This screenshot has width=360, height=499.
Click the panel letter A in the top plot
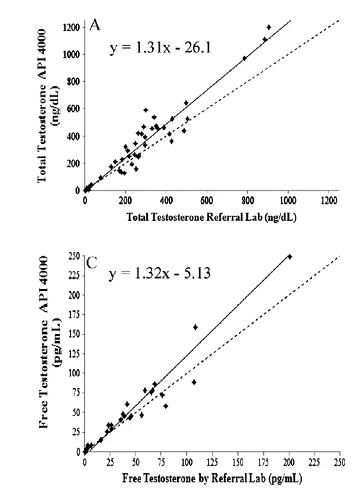point(95,26)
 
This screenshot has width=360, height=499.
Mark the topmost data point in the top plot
point(269,27)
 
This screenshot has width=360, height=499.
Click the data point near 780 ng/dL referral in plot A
point(244,58)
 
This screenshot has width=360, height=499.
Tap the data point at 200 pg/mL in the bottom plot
point(289,257)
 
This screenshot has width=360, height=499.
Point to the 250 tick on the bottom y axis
point(74,257)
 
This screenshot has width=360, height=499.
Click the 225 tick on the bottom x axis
point(314,461)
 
